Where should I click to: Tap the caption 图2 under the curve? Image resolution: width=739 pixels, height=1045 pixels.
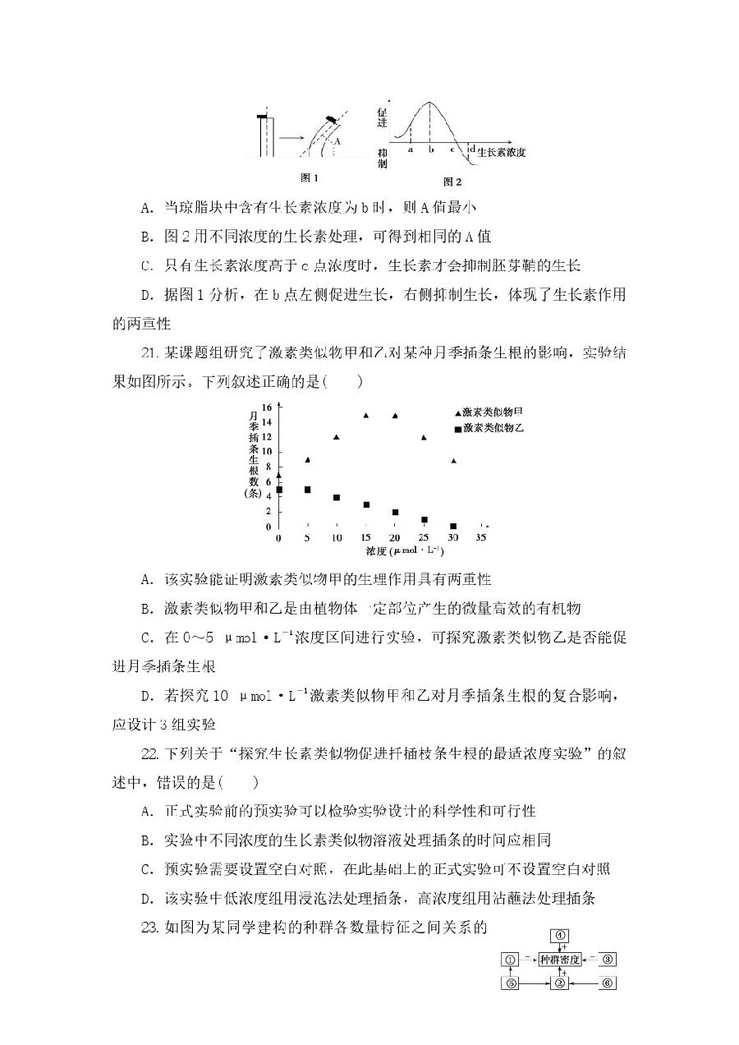(x=452, y=182)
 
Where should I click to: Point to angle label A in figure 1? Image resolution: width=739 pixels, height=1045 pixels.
(x=337, y=141)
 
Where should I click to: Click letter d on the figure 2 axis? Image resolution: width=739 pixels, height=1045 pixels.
(x=472, y=149)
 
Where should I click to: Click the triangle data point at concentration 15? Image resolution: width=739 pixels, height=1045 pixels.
(x=365, y=416)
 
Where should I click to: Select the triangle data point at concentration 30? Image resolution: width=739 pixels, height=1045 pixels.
(x=453, y=461)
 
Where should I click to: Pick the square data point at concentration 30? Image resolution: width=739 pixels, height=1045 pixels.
(x=453, y=526)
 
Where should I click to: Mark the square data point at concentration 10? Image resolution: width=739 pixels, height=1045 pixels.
(x=337, y=498)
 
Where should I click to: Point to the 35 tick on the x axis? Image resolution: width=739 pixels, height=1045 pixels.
(x=482, y=538)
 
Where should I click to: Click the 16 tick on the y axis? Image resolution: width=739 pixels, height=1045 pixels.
(x=267, y=407)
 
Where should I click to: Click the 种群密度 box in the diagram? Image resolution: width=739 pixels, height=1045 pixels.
(x=560, y=959)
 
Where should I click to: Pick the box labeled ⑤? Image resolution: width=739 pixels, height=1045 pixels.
(x=510, y=983)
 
